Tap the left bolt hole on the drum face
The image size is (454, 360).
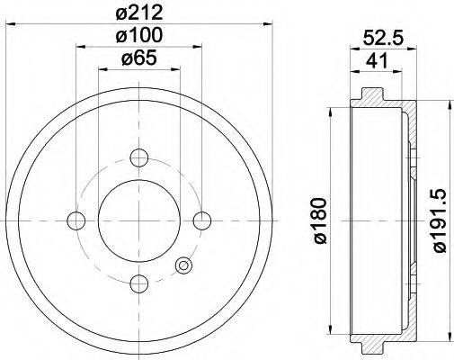(x=77, y=220)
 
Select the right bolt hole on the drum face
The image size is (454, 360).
(x=202, y=220)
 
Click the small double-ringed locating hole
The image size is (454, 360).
(x=183, y=265)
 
